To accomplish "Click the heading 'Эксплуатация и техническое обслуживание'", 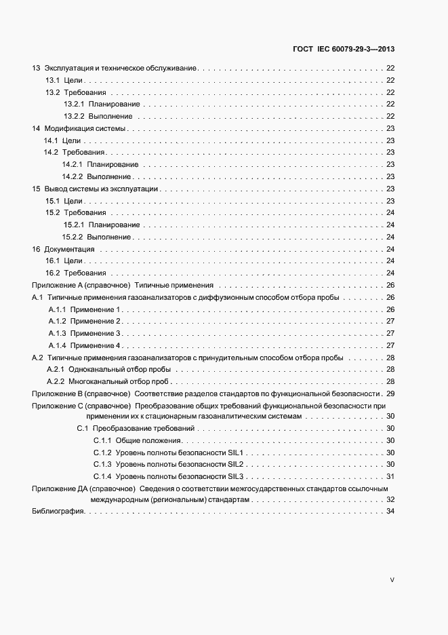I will click(120, 68).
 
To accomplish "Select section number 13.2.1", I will click(73, 104).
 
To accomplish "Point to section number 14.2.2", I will click(72, 176).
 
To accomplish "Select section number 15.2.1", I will click(73, 225).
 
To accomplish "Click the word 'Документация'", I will click(68, 249).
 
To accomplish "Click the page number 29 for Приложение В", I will click(390, 393).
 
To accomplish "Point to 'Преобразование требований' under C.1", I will click(144, 428).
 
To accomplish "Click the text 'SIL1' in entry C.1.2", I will click(235, 453).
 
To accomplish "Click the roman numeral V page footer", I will click(392, 580).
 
